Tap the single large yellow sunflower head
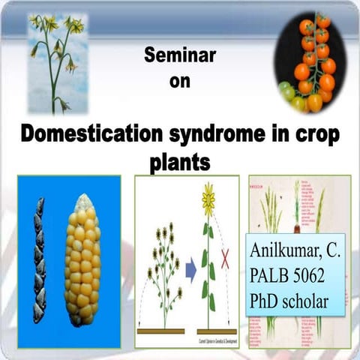[208, 199]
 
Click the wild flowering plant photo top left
[56, 64]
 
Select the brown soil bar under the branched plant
[161, 331]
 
